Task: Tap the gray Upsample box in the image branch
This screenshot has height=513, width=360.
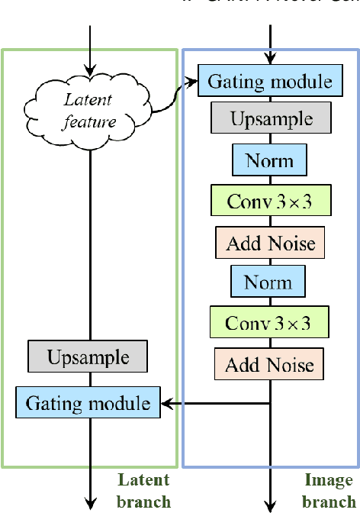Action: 271,120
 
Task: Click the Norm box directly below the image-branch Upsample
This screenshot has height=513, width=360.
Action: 269,161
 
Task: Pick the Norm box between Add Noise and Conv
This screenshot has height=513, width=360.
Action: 268,282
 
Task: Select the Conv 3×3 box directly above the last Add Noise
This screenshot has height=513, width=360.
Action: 268,323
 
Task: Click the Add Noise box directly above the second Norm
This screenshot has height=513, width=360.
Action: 269,242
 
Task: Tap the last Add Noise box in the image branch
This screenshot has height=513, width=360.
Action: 268,364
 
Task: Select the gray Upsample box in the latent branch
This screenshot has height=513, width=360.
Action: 88,357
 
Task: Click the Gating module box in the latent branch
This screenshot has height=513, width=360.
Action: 88,402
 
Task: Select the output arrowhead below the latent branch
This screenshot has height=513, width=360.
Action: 91,504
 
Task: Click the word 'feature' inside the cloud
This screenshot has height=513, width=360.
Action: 90,121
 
